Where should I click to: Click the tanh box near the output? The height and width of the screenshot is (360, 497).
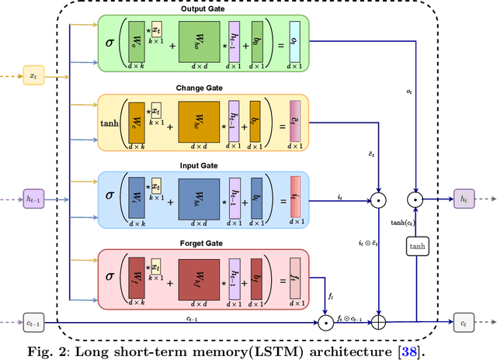[417, 247]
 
